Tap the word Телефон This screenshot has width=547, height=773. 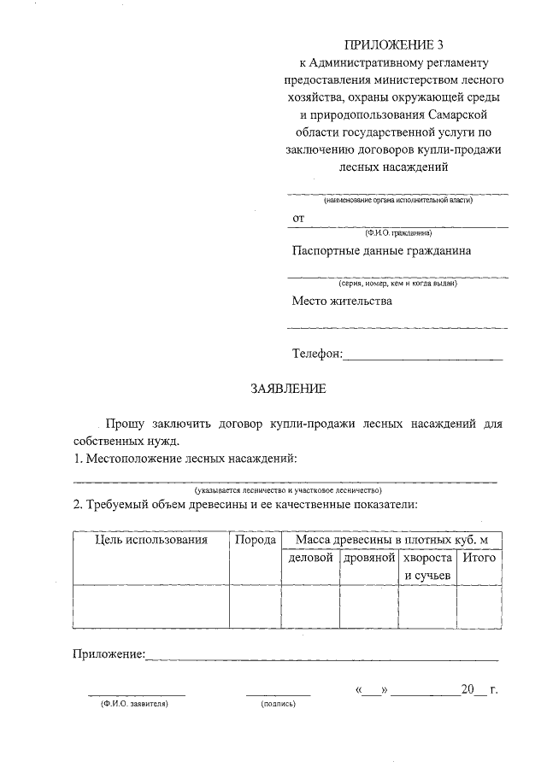(316, 354)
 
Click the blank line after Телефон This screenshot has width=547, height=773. (423, 355)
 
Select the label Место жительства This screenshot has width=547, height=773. (342, 302)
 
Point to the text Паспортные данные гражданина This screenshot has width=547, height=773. (381, 251)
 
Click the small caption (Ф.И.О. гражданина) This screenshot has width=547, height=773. (397, 232)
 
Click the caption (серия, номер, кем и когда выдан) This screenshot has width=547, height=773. (397, 283)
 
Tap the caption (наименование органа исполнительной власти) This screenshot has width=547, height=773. (397, 200)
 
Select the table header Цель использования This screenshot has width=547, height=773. (151, 540)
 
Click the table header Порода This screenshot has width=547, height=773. (255, 540)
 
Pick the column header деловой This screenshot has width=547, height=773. (310, 558)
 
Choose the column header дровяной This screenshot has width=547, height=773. (369, 558)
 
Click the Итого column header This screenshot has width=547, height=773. (479, 558)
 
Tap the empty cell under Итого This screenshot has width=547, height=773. (479, 606)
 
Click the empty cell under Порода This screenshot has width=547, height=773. (255, 606)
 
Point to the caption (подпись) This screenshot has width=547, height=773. (278, 705)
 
